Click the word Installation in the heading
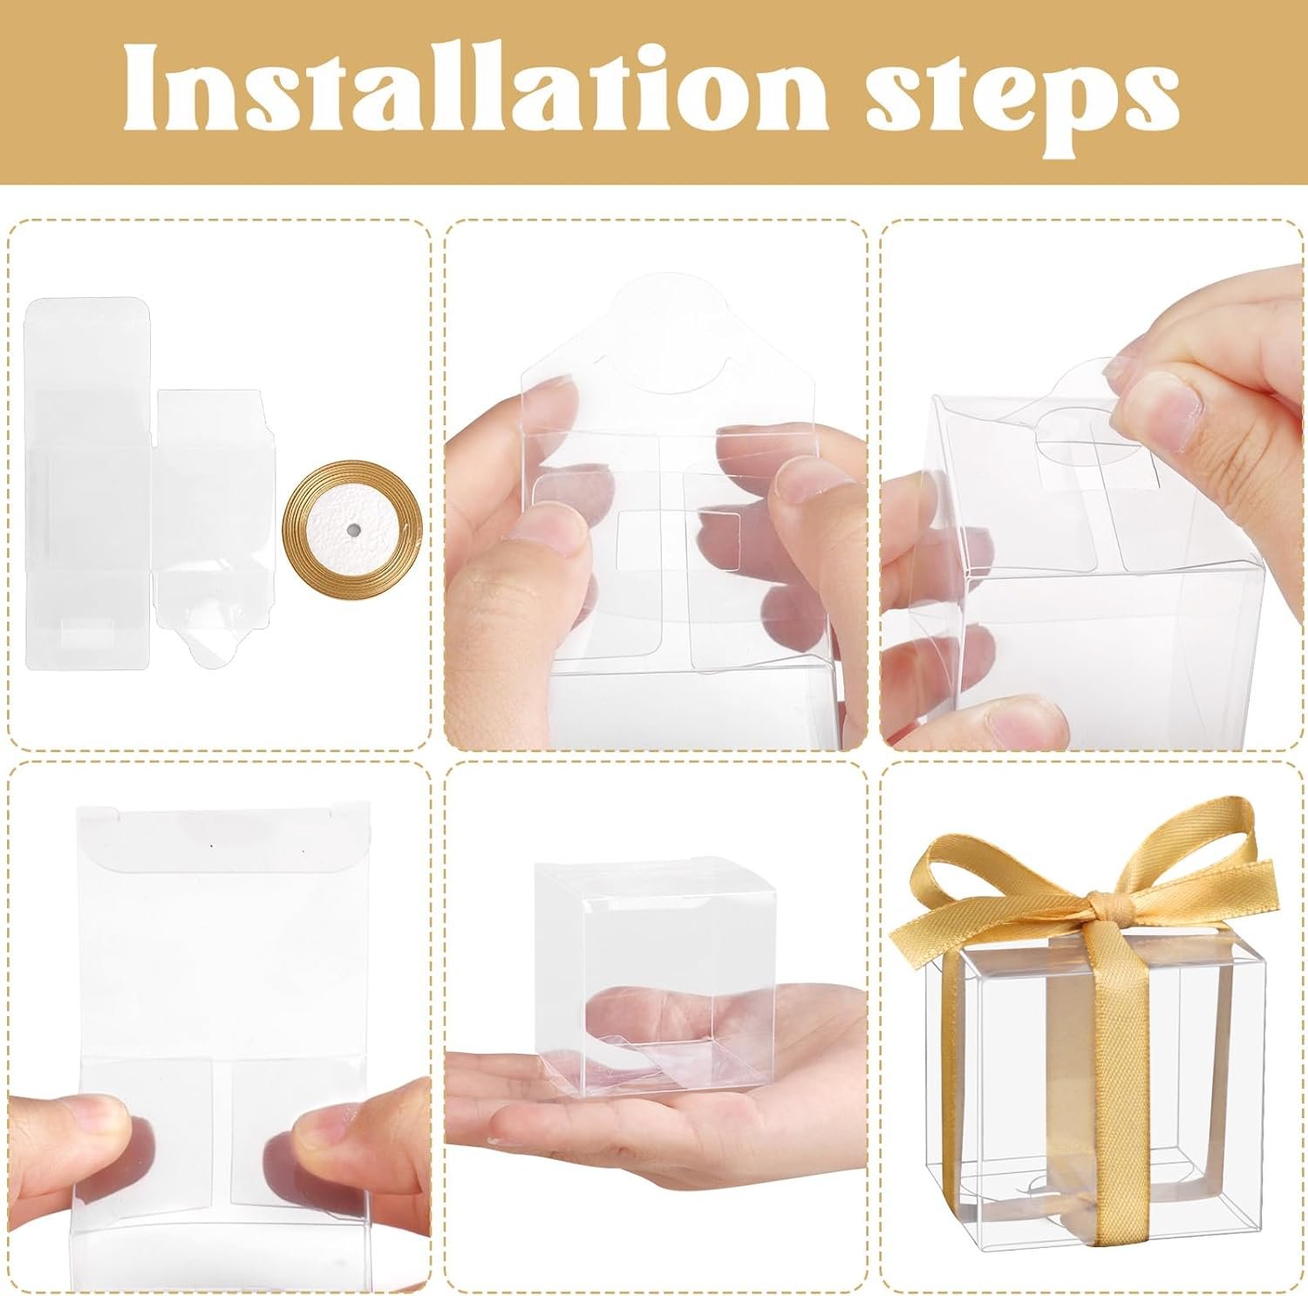tap(462, 91)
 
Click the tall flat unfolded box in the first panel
tap(87, 484)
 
